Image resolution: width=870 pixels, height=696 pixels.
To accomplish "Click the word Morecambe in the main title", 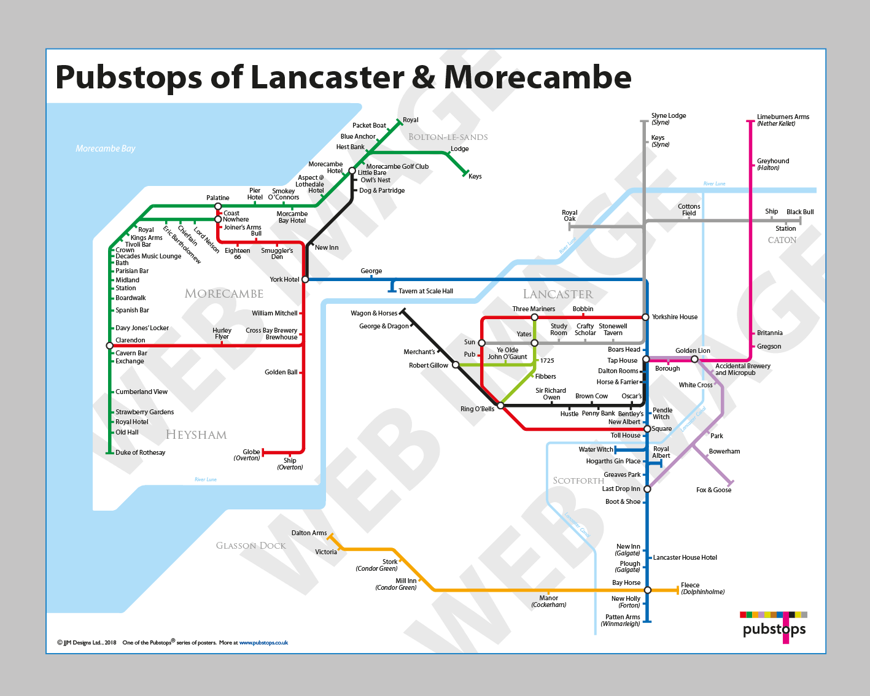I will [x=537, y=77].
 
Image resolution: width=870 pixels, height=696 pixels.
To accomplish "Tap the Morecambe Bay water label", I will [x=105, y=149].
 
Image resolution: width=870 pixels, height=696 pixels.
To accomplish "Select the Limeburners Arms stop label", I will [x=783, y=117].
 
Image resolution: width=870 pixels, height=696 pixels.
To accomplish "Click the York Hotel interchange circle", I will [x=305, y=279].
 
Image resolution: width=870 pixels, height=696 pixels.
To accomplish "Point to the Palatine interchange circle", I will [x=218, y=206].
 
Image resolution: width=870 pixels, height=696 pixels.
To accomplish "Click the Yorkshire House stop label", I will [x=675, y=317].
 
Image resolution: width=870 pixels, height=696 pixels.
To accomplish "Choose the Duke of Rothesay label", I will [x=141, y=452].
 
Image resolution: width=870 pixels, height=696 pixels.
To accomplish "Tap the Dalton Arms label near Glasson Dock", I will [x=309, y=533].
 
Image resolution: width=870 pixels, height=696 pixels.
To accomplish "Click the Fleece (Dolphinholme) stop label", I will [x=690, y=585].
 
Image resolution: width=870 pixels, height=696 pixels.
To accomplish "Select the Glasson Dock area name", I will [x=251, y=546].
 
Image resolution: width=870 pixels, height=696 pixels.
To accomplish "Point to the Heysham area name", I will [x=196, y=435].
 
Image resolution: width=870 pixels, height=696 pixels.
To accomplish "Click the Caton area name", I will [x=782, y=240].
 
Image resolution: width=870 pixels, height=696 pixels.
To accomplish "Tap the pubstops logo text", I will [x=774, y=629].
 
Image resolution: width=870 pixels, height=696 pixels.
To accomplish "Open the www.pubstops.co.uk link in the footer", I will [x=263, y=643].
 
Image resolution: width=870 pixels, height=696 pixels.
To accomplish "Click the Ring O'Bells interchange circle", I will [x=500, y=406].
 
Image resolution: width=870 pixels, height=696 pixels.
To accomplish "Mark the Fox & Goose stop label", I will [x=713, y=490].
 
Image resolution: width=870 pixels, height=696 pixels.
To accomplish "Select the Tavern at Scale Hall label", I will [x=425, y=291].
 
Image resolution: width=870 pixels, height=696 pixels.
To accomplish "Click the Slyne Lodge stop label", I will [x=669, y=115].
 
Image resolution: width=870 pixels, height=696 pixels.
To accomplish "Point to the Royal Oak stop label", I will [x=570, y=215].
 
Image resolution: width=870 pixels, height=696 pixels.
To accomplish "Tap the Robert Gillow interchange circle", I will [x=456, y=365].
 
